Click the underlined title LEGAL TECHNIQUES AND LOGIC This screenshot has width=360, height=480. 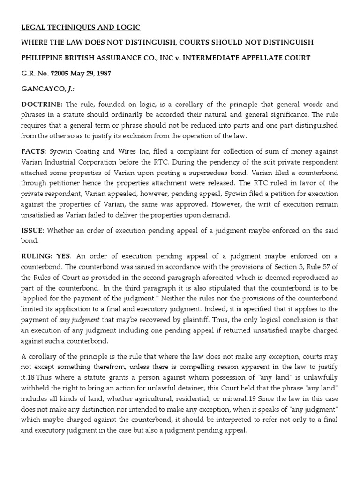click(81, 28)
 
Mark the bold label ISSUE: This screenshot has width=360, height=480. click(33, 231)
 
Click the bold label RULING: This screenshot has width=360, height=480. click(36, 256)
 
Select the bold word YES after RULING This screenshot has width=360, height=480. click(63, 256)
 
